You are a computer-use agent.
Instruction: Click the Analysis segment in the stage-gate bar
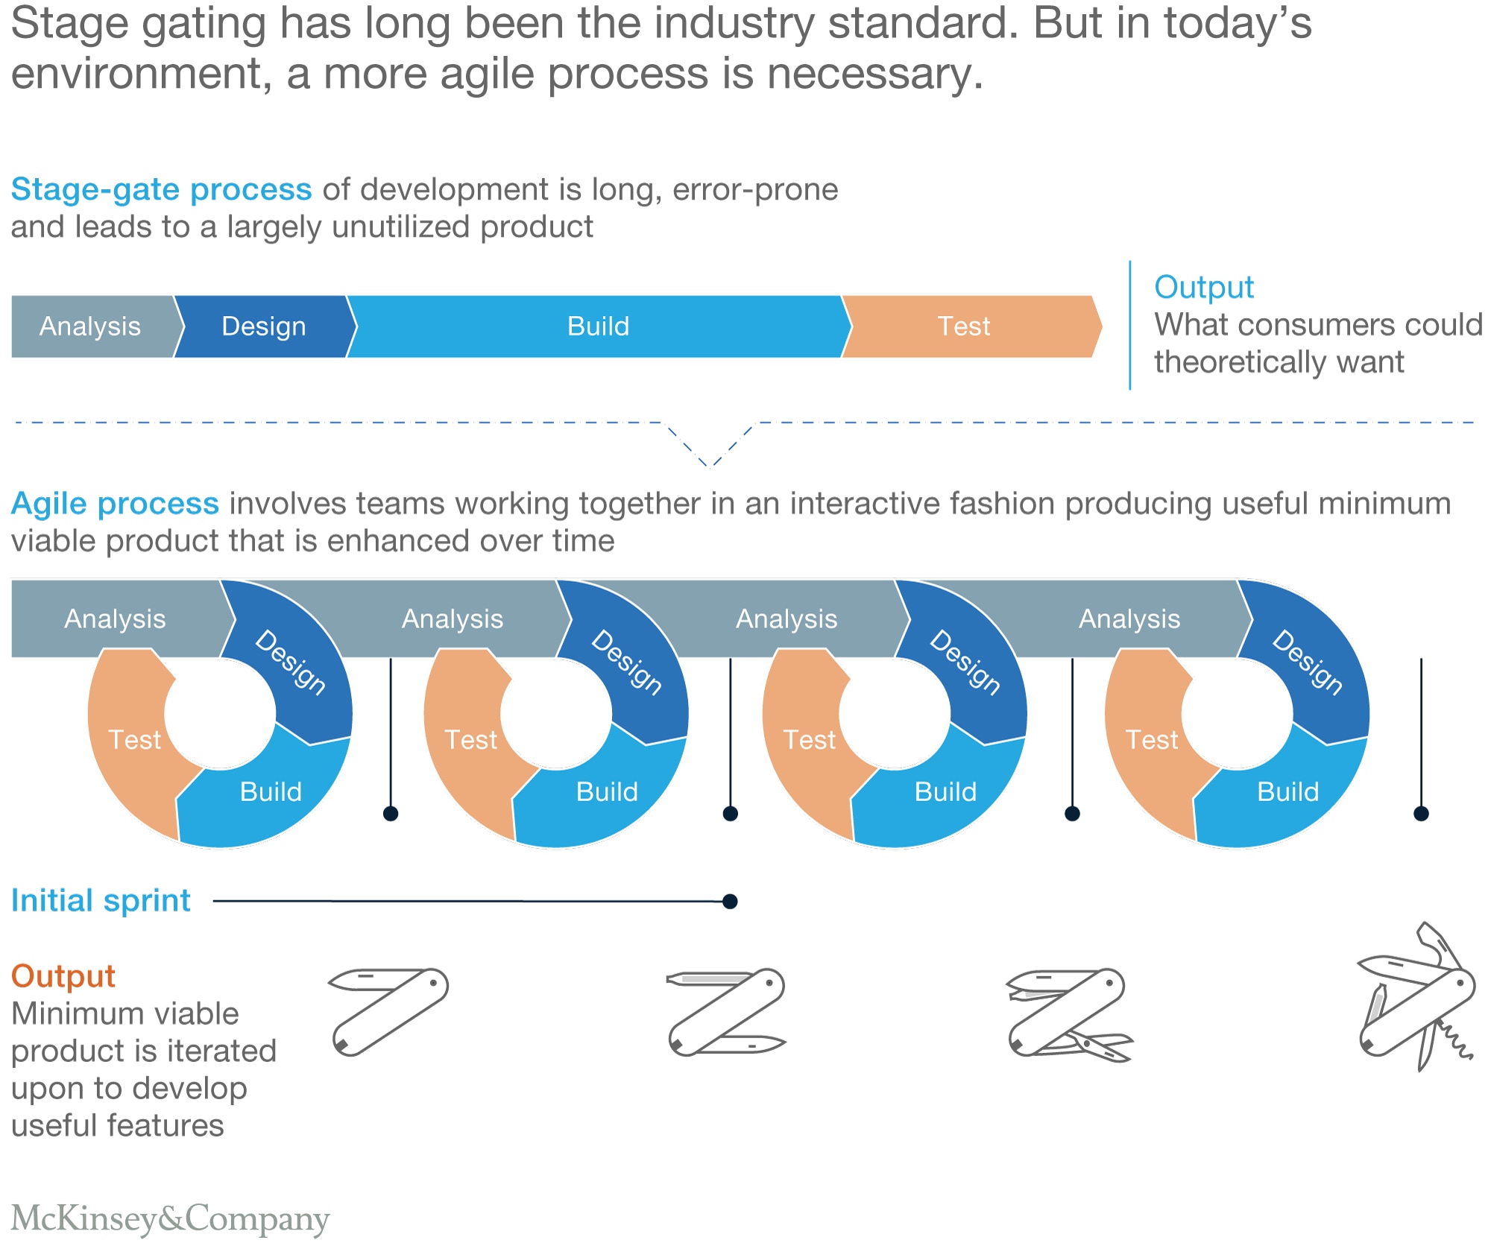click(90, 326)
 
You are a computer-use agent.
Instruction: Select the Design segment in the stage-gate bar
click(264, 326)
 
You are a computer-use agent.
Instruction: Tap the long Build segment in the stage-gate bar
click(598, 326)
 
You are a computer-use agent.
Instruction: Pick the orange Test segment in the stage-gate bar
click(963, 326)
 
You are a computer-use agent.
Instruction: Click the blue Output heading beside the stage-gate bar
click(1204, 288)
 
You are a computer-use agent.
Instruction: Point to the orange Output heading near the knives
click(63, 976)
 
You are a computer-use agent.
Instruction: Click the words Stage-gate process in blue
click(161, 190)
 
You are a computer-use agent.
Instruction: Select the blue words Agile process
click(115, 504)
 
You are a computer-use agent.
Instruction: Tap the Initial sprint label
click(101, 901)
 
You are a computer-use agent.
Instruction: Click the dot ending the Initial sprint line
click(731, 902)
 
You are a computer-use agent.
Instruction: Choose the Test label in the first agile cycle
click(134, 740)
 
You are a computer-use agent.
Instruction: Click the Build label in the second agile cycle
click(607, 791)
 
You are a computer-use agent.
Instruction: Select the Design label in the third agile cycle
click(965, 662)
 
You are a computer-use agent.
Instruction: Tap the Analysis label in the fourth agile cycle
click(1129, 619)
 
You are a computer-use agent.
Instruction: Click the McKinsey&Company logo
click(170, 1218)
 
